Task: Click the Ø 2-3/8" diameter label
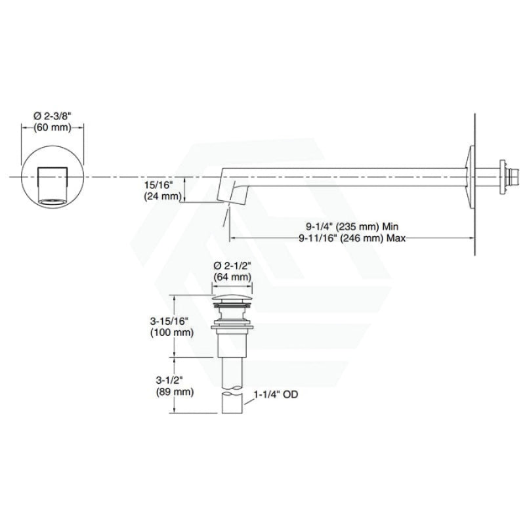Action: click(x=52, y=116)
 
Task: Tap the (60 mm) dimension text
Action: click(x=52, y=127)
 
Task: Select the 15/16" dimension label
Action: click(x=158, y=185)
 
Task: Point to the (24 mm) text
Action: click(x=163, y=196)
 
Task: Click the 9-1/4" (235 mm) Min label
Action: click(x=352, y=226)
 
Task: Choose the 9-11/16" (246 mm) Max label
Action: click(x=352, y=238)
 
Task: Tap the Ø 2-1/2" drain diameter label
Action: click(x=232, y=266)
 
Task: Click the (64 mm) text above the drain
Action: click(x=232, y=277)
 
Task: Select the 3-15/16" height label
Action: click(x=169, y=321)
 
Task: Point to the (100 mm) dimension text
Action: click(x=172, y=333)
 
